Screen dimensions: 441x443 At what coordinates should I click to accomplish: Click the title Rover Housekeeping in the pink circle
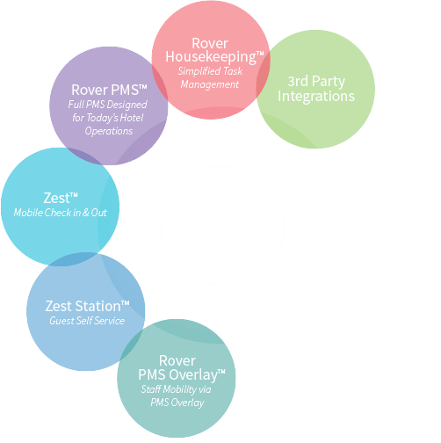tap(214, 50)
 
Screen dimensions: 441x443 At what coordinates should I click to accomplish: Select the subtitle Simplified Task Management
tap(210, 77)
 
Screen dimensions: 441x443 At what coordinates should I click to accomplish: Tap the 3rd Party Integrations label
tap(316, 89)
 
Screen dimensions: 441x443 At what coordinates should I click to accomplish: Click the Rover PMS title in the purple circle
tap(109, 90)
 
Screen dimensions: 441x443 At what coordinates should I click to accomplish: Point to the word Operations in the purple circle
tap(109, 131)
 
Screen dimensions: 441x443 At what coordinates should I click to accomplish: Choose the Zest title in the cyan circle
tap(61, 198)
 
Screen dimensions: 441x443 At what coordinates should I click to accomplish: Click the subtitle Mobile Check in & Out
tap(60, 213)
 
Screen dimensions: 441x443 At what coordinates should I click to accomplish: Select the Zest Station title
tap(87, 306)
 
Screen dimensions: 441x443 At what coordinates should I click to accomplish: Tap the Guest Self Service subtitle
tap(87, 321)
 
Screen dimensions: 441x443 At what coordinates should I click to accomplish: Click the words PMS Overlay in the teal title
tap(177, 374)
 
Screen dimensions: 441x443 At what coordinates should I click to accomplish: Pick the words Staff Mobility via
tap(176, 389)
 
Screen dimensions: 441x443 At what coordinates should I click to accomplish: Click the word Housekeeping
tap(211, 57)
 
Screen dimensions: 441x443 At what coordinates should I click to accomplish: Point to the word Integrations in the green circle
tap(316, 96)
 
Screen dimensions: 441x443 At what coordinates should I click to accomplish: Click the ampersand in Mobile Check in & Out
tap(86, 213)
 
